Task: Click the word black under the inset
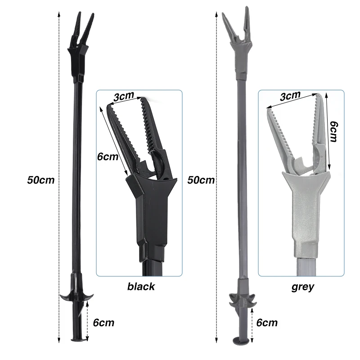(x=141, y=287)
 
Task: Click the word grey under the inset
(x=302, y=287)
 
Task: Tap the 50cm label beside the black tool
(x=41, y=180)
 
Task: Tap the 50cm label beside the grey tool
(x=201, y=180)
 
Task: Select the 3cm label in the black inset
(x=123, y=96)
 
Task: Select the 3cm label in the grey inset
(x=290, y=96)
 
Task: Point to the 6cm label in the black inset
(x=108, y=157)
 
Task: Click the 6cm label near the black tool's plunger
(x=103, y=323)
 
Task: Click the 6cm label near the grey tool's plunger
(x=267, y=323)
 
